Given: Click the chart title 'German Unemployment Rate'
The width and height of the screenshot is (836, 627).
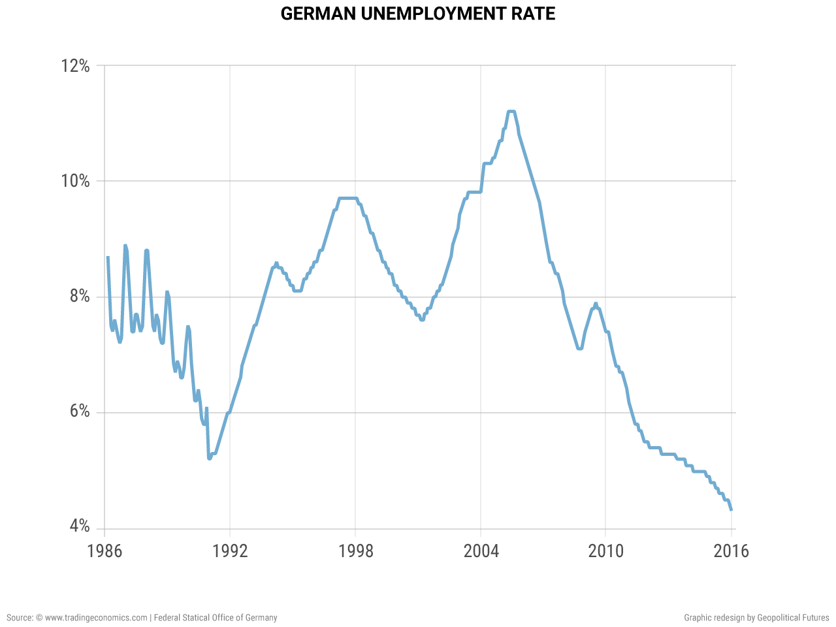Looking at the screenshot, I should tap(418, 14).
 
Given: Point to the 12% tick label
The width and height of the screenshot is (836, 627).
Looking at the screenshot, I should tap(75, 66).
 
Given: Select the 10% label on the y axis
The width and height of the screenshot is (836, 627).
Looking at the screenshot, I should tap(75, 181).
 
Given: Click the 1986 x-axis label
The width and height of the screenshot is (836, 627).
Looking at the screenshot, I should tap(104, 551).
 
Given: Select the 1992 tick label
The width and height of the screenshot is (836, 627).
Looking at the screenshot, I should tap(230, 551).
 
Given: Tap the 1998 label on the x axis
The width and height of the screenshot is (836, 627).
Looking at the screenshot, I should tap(355, 551).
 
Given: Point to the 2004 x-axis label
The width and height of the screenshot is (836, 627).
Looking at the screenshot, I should tap(481, 551).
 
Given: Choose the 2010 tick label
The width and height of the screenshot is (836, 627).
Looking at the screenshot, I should tap(605, 551).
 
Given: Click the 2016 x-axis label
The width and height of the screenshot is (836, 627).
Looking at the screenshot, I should tap(731, 551).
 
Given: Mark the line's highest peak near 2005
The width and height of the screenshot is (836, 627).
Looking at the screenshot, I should tap(511, 112).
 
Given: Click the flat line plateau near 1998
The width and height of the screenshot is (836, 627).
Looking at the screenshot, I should tap(347, 198).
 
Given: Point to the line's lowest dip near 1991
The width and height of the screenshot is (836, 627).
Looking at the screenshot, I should tap(209, 458).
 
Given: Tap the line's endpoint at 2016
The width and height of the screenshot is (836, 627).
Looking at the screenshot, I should tap(731, 509).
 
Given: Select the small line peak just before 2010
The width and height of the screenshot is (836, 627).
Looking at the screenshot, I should tap(596, 304).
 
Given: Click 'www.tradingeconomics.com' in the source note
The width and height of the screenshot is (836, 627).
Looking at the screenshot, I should tap(96, 617).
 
